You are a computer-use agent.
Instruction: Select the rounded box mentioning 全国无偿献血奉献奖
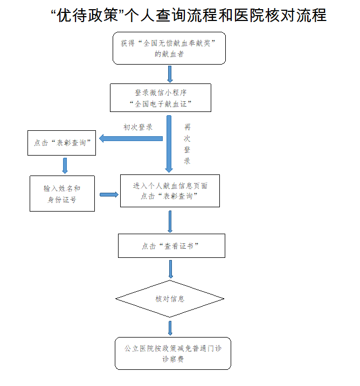(169, 48)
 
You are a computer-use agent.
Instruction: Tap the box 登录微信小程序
(160, 97)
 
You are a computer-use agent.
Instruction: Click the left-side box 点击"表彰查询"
(62, 143)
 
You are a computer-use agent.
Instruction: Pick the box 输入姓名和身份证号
(63, 193)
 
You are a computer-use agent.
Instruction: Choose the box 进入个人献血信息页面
(170, 191)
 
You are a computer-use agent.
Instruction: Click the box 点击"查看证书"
(171, 245)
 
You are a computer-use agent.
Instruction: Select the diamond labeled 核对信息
(170, 298)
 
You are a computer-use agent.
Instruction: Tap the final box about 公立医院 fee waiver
(173, 353)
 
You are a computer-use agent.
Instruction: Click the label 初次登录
(138, 128)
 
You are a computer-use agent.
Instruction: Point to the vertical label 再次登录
(187, 144)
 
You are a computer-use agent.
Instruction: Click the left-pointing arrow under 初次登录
(130, 138)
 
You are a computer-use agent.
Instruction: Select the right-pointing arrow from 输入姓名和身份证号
(109, 194)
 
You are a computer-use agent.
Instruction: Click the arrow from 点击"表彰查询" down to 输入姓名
(65, 165)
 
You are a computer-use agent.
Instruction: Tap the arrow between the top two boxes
(170, 74)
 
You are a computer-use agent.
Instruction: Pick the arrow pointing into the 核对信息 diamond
(171, 269)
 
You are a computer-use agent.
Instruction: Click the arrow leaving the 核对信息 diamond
(170, 328)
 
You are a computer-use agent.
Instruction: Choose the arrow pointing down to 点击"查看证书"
(170, 221)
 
